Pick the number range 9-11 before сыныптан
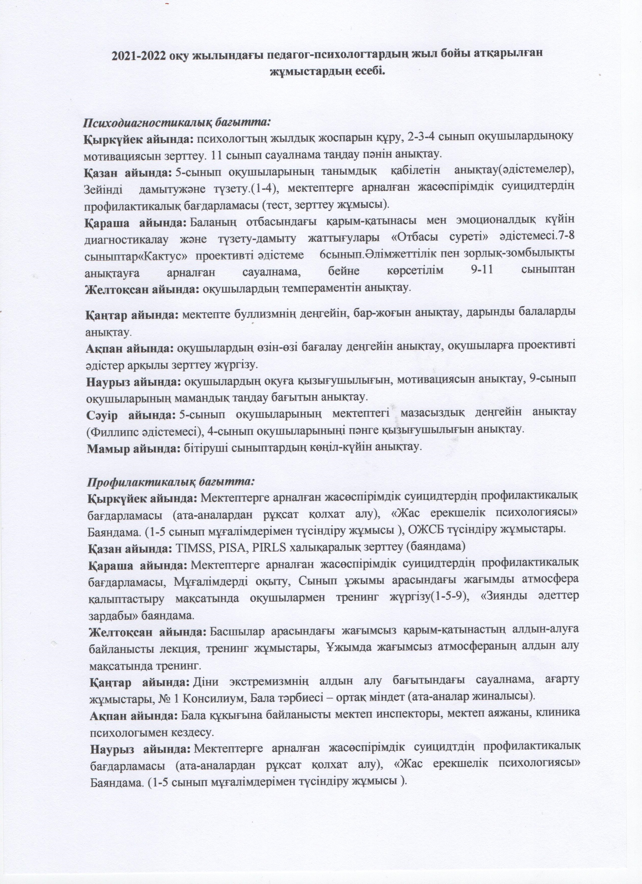[479, 271]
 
